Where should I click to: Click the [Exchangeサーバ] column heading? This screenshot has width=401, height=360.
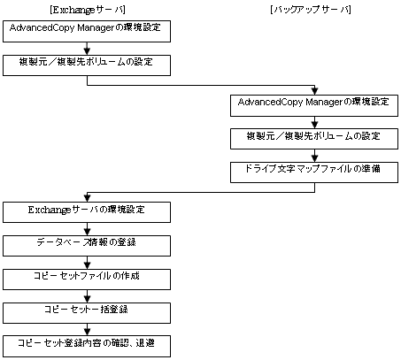88,10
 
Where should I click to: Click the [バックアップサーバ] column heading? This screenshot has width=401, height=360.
311,10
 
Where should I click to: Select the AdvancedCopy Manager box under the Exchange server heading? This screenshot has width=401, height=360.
87,31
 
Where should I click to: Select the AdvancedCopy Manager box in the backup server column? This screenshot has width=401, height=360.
314,105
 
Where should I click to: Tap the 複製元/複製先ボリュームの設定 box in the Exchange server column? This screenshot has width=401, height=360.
87,65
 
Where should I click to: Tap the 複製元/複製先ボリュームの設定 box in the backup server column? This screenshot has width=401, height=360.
314,139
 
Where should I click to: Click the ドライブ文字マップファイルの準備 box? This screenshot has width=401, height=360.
314,172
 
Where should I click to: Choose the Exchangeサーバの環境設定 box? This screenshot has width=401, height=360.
87,212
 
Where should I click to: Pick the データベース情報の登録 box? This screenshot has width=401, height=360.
87,246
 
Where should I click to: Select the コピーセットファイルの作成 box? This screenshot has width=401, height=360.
87,280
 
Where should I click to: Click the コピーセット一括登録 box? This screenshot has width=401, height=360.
87,313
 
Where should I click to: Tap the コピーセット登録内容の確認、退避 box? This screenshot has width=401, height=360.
87,346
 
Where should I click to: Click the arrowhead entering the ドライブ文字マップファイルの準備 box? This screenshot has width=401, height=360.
314,158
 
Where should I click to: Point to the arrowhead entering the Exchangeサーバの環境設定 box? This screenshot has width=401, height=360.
87,198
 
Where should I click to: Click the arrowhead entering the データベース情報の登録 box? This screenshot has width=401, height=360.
87,232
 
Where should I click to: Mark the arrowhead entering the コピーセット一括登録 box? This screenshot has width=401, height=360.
87,299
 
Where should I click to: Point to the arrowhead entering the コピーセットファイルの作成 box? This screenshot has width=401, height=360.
87,265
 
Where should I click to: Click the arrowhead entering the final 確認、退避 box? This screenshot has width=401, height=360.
87,332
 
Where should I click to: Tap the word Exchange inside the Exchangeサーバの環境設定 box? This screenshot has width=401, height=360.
50,210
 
